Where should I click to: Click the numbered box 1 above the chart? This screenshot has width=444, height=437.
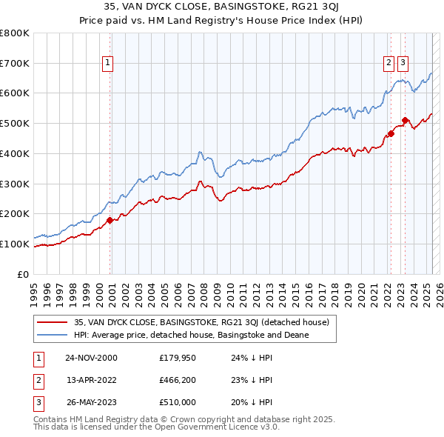click(x=108, y=64)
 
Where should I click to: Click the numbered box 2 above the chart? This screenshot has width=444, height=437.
click(x=388, y=64)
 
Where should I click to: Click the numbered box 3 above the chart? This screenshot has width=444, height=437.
click(x=403, y=64)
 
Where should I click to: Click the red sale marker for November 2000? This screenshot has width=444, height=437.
click(x=110, y=220)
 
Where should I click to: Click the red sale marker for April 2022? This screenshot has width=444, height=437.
click(x=391, y=134)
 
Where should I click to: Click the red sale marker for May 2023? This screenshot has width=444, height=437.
click(x=405, y=120)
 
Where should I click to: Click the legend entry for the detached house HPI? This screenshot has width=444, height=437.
click(x=191, y=335)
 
